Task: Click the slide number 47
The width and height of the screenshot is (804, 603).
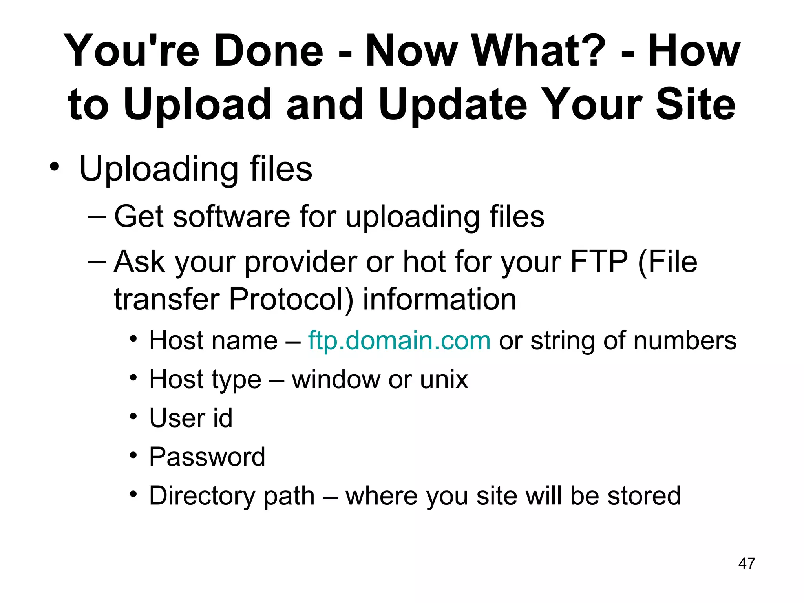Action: pyautogui.click(x=746, y=563)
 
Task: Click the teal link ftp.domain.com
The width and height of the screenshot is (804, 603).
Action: pyautogui.click(x=399, y=340)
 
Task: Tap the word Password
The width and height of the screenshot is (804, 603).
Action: pyautogui.click(x=207, y=457)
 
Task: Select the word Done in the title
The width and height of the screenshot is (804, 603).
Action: pyautogui.click(x=269, y=51)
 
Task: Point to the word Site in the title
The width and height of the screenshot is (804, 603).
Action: pyautogui.click(x=696, y=104)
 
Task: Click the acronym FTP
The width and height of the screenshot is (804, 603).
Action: pyautogui.click(x=599, y=262)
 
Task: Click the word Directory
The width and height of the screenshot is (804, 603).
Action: pyautogui.click(x=202, y=496)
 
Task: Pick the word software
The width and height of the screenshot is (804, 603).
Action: pyautogui.click(x=231, y=217)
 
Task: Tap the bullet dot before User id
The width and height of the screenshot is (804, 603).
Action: pyautogui.click(x=133, y=416)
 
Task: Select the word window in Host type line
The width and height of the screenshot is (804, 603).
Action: pyautogui.click(x=336, y=380)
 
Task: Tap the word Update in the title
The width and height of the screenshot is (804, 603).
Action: pyautogui.click(x=453, y=104)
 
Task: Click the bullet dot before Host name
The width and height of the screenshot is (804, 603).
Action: pyautogui.click(x=133, y=338)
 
